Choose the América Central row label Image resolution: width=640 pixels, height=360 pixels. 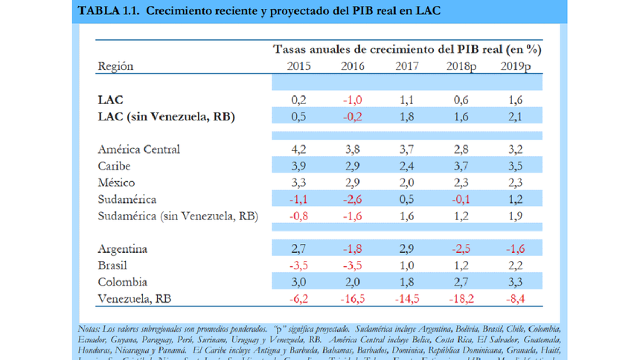click(139, 149)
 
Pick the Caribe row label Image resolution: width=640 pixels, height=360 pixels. click(115, 165)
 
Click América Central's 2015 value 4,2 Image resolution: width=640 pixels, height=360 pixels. click(299, 149)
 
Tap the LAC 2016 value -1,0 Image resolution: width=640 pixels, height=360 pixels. click(353, 99)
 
